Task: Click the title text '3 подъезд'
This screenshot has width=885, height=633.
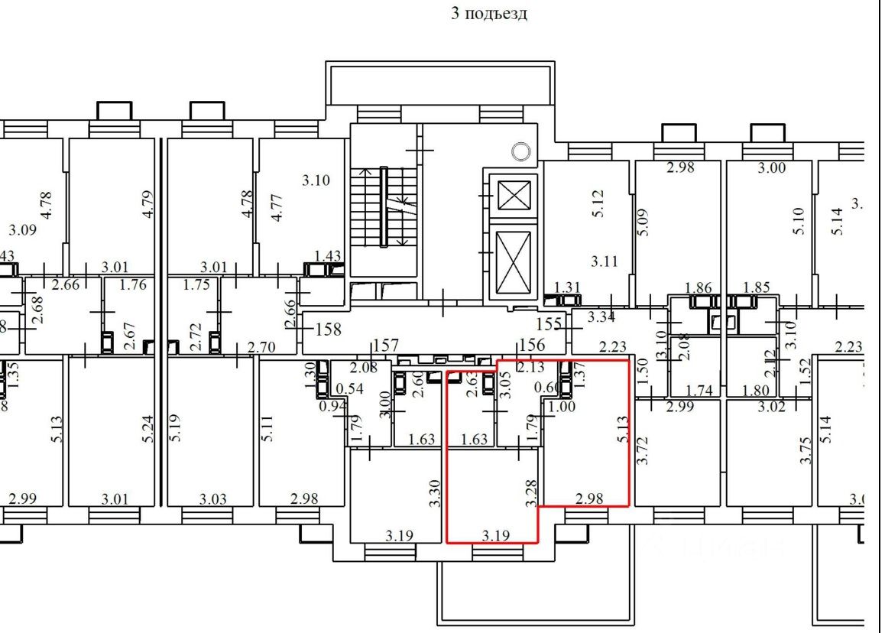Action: pos(489,14)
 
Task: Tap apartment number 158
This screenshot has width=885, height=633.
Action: pos(328,330)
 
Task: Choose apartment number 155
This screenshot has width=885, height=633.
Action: pos(549,323)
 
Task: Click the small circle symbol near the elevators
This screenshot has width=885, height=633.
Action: pos(520,151)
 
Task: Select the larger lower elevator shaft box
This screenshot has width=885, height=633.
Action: pos(509,262)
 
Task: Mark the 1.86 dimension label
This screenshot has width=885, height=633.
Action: pos(698,288)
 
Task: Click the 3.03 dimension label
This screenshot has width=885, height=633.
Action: pos(213,500)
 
